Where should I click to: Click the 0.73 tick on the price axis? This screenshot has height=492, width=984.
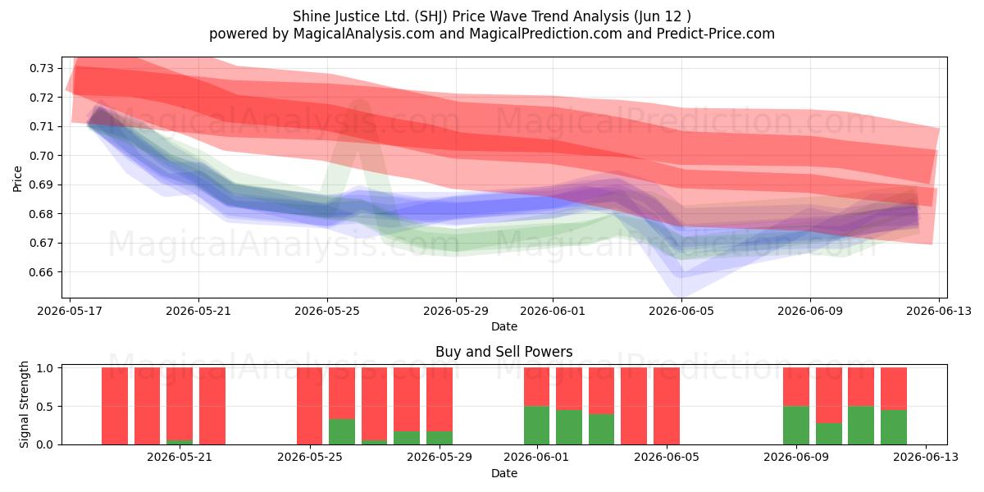pyautogui.click(x=41, y=69)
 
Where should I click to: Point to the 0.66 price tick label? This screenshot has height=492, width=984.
pyautogui.click(x=41, y=272)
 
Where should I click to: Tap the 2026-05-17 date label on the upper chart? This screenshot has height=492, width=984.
pyautogui.click(x=70, y=311)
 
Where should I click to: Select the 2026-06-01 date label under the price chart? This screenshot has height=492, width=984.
pyautogui.click(x=553, y=311)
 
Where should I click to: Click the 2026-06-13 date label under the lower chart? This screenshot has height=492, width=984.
pyautogui.click(x=926, y=457)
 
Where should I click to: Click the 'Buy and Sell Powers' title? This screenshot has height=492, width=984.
pyautogui.click(x=503, y=352)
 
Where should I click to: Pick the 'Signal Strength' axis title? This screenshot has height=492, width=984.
pyautogui.click(x=24, y=404)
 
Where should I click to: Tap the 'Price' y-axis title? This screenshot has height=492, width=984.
pyautogui.click(x=17, y=179)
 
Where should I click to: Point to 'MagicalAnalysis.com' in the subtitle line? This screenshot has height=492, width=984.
pyautogui.click(x=364, y=34)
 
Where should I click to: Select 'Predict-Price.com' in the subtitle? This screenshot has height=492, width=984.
pyautogui.click(x=716, y=34)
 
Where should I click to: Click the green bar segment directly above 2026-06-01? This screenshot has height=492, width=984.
pyautogui.click(x=536, y=426)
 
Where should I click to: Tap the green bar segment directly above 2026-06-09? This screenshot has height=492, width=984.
pyautogui.click(x=796, y=426)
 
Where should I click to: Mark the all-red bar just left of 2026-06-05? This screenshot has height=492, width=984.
pyautogui.click(x=667, y=406)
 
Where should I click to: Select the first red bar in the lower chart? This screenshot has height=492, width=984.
pyautogui.click(x=115, y=406)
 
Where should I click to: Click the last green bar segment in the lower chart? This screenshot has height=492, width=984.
pyautogui.click(x=894, y=427)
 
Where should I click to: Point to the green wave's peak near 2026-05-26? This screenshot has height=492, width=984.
pyautogui.click(x=360, y=102)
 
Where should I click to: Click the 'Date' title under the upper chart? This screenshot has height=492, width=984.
pyautogui.click(x=503, y=326)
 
